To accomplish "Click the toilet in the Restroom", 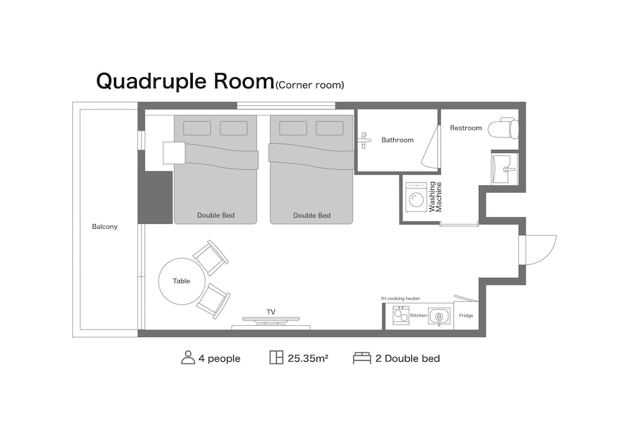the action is pyautogui.click(x=503, y=128).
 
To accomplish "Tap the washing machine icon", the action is pyautogui.click(x=415, y=198).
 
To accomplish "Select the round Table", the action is pyautogui.click(x=182, y=281).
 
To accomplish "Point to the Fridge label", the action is pyautogui.click(x=466, y=315).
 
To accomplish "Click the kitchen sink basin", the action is pyautogui.click(x=439, y=317).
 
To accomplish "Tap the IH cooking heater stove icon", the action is pyautogui.click(x=401, y=315).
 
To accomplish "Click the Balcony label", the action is pyautogui.click(x=104, y=226).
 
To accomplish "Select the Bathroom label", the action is pyautogui.click(x=397, y=140).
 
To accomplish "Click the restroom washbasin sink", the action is pyautogui.click(x=504, y=169).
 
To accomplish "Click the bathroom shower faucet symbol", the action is pyautogui.click(x=364, y=140).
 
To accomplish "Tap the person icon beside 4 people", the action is pyautogui.click(x=188, y=358).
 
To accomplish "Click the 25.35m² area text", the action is pyautogui.click(x=308, y=359).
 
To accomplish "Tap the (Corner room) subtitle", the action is pyautogui.click(x=310, y=85).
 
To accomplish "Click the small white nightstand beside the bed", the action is pyautogui.click(x=174, y=153).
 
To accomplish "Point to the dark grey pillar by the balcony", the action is pyautogui.click(x=155, y=197).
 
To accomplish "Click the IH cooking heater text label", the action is pyautogui.click(x=401, y=298).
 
